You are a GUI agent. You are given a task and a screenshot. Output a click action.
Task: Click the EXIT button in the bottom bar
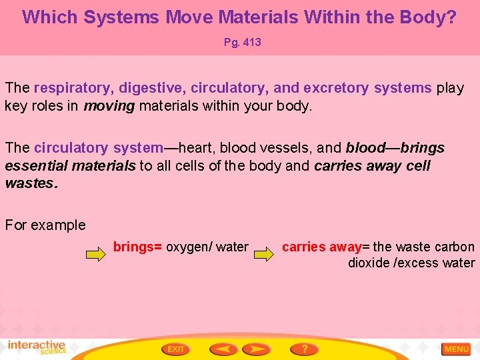click(x=175, y=349)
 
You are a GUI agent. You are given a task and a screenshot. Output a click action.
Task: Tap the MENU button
click(x=457, y=349)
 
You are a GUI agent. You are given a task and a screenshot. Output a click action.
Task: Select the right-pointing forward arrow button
click(x=256, y=349)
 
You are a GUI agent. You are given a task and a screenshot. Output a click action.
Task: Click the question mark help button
click(x=304, y=349)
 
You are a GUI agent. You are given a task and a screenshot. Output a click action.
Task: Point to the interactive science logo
click(x=37, y=347)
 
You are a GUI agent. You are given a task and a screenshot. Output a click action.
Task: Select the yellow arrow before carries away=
click(x=265, y=253)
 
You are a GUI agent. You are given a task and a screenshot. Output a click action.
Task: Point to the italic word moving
click(x=108, y=105)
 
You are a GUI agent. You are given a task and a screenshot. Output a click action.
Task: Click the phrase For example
click(x=45, y=225)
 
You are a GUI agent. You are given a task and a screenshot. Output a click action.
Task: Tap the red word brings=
click(x=137, y=247)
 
